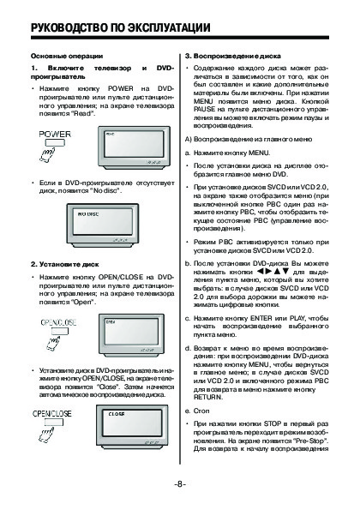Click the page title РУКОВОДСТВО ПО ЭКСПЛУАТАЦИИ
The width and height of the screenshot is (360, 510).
click(x=120, y=27)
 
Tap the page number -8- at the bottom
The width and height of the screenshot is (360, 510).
click(x=180, y=484)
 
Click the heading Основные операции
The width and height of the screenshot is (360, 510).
click(x=67, y=56)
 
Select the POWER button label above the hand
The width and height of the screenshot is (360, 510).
click(x=55, y=134)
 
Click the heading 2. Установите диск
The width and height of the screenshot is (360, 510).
click(x=65, y=264)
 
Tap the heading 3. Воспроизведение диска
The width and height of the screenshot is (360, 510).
click(x=233, y=56)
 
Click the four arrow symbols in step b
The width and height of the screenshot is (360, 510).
click(x=273, y=271)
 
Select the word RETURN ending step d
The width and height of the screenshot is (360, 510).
click(x=208, y=397)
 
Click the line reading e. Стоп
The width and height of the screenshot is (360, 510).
click(x=197, y=411)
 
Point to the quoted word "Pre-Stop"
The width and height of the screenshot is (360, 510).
click(x=310, y=441)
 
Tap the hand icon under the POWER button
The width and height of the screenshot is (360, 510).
click(x=47, y=154)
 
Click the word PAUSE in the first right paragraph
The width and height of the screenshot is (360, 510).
click(x=205, y=109)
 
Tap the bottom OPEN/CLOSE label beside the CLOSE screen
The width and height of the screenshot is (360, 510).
click(x=52, y=413)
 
